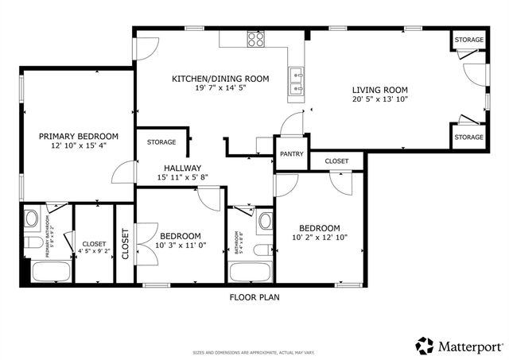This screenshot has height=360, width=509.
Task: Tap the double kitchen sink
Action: pyautogui.click(x=297, y=83)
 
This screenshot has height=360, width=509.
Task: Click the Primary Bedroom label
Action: pyautogui.click(x=79, y=136)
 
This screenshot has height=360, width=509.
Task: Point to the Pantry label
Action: pyautogui.click(x=291, y=154)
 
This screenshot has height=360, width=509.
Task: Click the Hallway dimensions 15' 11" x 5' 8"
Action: pyautogui.click(x=182, y=177)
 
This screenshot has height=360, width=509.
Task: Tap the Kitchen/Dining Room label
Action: pyautogui.click(x=220, y=79)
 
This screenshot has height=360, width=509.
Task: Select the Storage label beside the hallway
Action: pyautogui.click(x=161, y=142)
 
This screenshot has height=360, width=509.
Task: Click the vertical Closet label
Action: pyautogui.click(x=125, y=244)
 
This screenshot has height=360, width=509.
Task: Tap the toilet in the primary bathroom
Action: pyautogui.click(x=31, y=242)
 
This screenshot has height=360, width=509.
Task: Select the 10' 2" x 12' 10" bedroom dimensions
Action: pyautogui.click(x=319, y=238)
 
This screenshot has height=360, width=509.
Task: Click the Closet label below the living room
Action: pyautogui.click(x=336, y=161)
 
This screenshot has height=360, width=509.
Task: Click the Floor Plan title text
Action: pyautogui.click(x=254, y=297)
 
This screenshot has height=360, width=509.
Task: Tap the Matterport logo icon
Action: pyautogui.click(x=425, y=346)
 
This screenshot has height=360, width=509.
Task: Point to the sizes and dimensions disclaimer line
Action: pyautogui.click(x=254, y=353)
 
